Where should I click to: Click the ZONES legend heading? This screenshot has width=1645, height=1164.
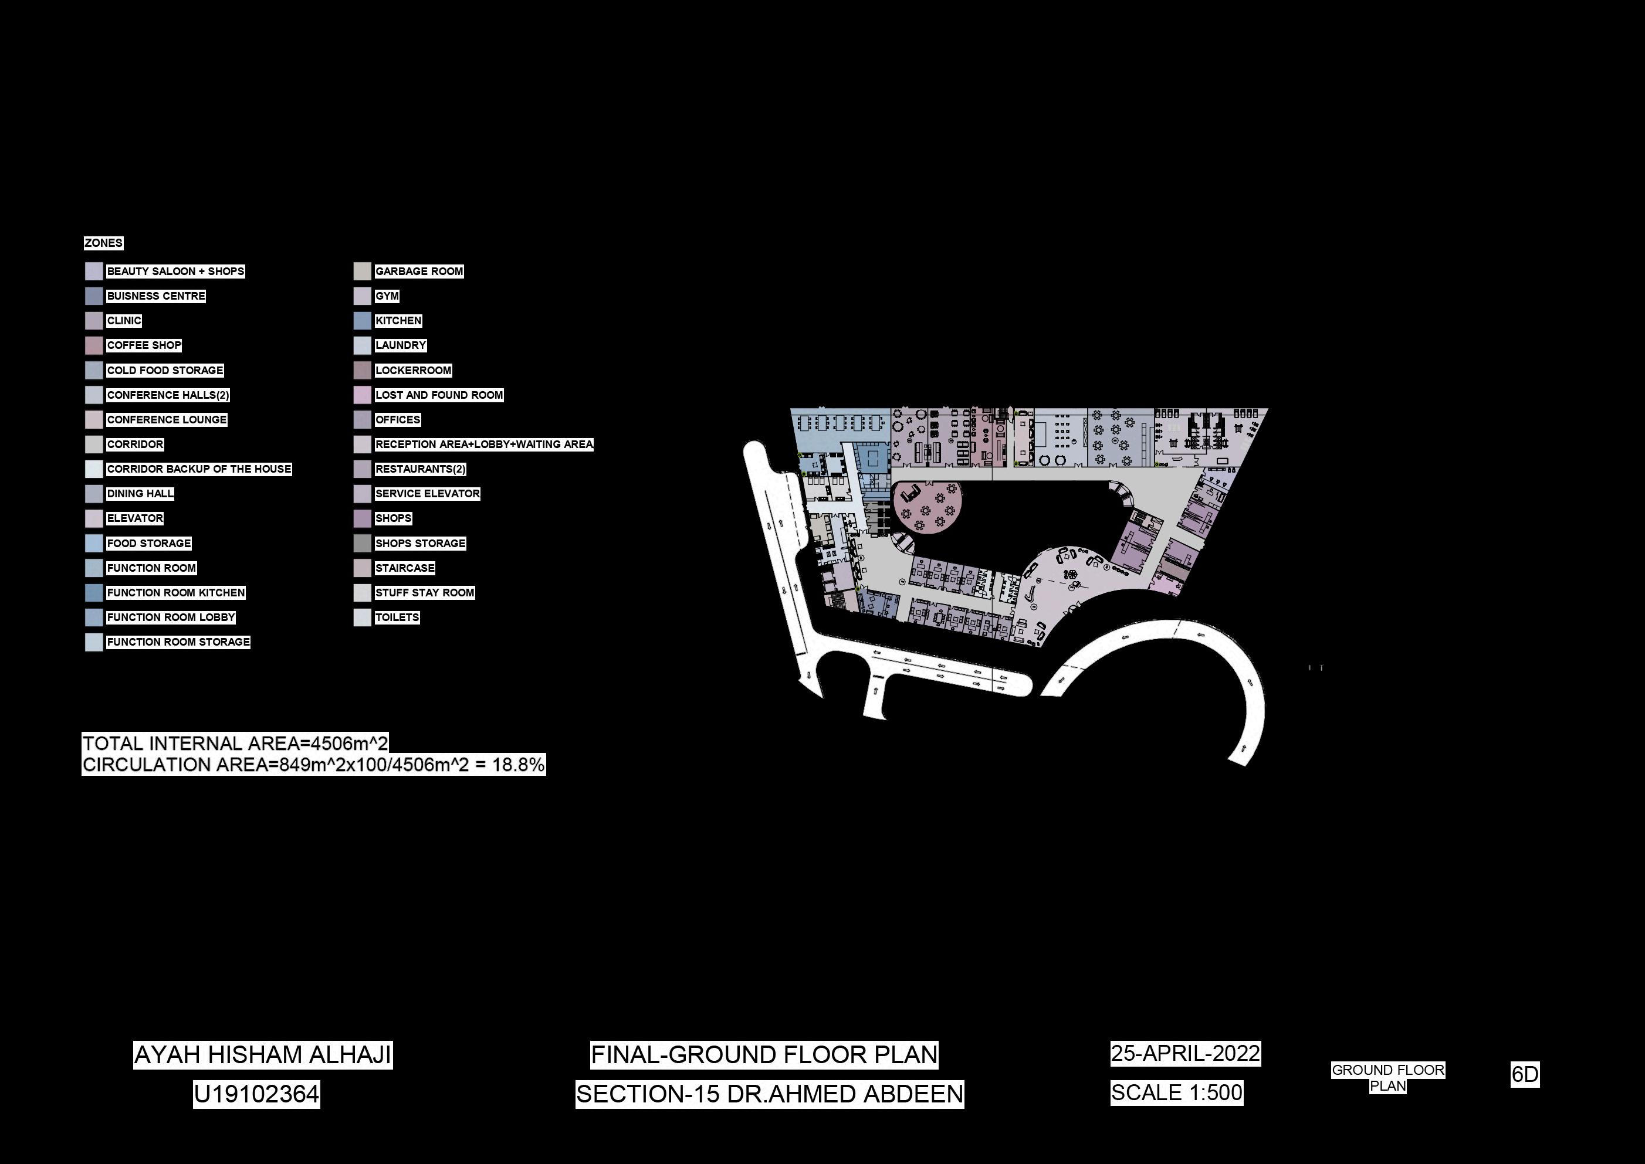point(103,243)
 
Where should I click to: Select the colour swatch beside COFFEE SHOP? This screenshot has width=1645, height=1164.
point(94,345)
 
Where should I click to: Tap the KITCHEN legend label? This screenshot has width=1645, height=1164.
point(398,320)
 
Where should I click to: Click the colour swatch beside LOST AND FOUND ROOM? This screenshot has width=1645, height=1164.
point(362,395)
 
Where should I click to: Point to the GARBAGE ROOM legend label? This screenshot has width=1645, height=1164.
point(419,271)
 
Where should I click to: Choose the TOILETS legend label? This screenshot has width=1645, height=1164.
point(397,617)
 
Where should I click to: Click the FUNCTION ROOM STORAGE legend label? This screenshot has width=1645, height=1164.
point(178,642)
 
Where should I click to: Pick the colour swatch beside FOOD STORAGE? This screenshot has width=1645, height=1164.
point(94,543)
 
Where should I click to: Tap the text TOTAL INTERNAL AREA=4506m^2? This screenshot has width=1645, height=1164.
point(235,744)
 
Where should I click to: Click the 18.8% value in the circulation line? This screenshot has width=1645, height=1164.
point(518,765)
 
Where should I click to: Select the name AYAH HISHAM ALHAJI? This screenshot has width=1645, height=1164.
point(262,1055)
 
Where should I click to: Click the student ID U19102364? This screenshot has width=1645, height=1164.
point(256,1094)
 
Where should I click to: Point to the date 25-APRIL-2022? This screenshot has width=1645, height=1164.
point(1185,1054)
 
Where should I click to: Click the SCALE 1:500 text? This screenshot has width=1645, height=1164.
point(1177,1093)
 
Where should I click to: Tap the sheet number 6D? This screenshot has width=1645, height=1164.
point(1525,1074)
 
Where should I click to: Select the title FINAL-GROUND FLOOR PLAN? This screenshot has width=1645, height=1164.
point(764,1055)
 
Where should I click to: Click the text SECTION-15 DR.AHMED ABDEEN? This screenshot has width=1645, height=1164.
point(770,1094)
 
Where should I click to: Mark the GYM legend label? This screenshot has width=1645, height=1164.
point(387,296)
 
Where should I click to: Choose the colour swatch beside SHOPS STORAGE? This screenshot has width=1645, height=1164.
point(362,543)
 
